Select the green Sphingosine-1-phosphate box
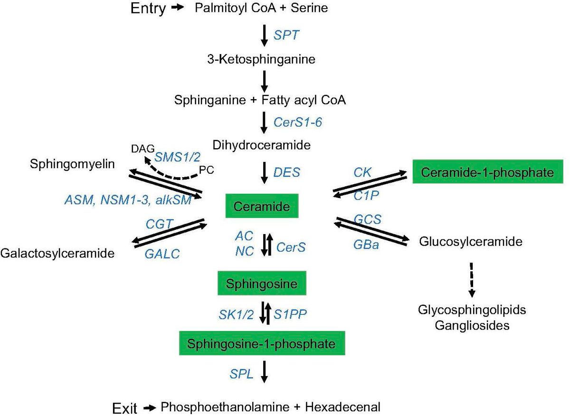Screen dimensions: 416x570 (262, 343)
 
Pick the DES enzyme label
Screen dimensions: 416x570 (287, 172)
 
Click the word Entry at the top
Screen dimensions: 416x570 (149, 9)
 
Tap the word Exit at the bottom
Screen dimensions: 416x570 (125, 407)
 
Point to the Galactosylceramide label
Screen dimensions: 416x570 (58, 253)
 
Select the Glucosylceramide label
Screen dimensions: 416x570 (471, 242)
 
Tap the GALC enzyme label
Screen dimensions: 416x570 (162, 254)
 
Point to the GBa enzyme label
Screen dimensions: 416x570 (367, 246)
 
